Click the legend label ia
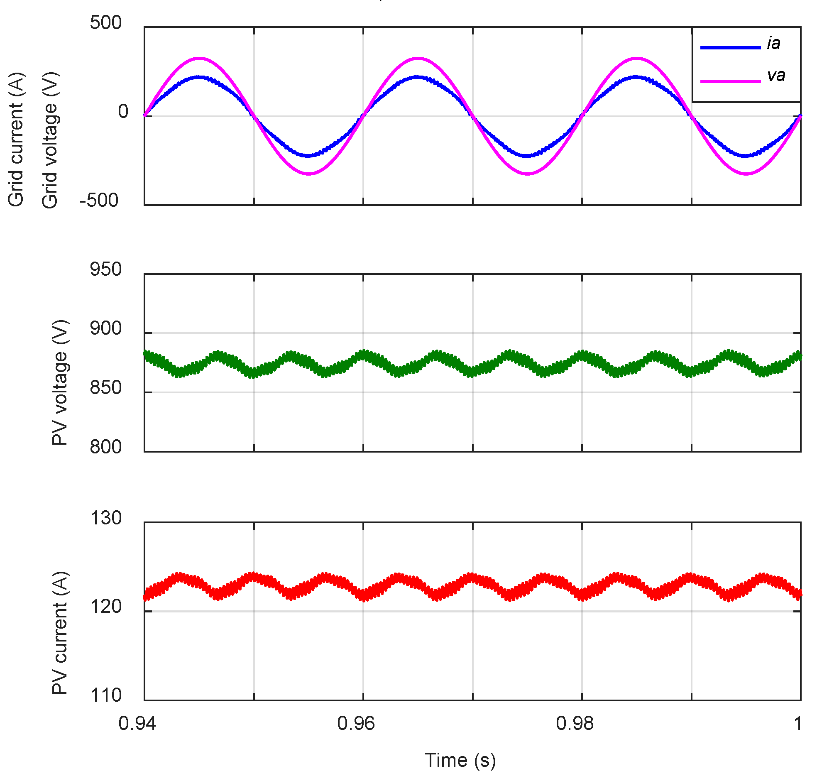click(773, 44)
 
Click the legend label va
click(775, 76)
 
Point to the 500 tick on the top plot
click(106, 22)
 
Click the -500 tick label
click(99, 200)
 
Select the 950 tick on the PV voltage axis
click(106, 269)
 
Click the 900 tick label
click(106, 328)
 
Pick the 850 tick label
click(106, 387)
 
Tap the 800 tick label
click(106, 447)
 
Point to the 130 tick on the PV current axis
click(106, 518)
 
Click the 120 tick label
click(106, 607)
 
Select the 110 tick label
click(106, 695)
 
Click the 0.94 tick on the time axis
click(137, 724)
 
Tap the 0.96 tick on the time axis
click(355, 724)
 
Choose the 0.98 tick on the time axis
click(575, 724)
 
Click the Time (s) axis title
click(460, 760)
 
